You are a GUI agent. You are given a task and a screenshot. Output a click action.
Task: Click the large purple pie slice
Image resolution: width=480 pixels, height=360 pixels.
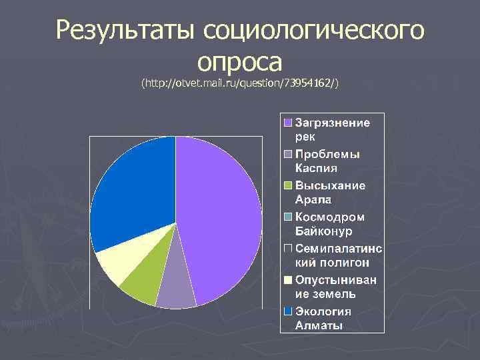pos(220,220)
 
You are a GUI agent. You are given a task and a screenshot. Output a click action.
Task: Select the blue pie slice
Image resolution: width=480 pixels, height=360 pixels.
pos(133,193)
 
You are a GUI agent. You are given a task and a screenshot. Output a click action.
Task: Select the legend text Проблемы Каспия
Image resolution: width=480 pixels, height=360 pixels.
pos(327,160)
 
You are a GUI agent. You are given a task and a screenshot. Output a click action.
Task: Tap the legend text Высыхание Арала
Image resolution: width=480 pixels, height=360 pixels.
pos(330,191)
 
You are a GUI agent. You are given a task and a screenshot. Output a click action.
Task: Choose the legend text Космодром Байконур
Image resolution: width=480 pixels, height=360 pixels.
pos(330,223)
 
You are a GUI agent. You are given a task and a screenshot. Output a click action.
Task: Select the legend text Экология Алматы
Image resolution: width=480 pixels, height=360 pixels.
pos(323,318)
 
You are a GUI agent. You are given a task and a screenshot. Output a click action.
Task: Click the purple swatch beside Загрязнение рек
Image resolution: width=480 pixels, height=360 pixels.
pos(288,123)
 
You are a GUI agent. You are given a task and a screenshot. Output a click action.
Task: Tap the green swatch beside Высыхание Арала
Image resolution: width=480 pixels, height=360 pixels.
pos(288,185)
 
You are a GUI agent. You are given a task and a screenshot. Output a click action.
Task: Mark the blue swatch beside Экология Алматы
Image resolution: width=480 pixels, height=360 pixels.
pos(288,311)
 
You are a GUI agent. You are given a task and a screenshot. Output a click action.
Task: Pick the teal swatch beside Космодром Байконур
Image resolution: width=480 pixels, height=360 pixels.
pos(288,217)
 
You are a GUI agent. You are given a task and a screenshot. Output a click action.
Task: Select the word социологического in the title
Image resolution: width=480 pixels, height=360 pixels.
pos(313,31)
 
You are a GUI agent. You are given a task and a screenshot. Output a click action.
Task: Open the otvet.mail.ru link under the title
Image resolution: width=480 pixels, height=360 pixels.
pos(240,83)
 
